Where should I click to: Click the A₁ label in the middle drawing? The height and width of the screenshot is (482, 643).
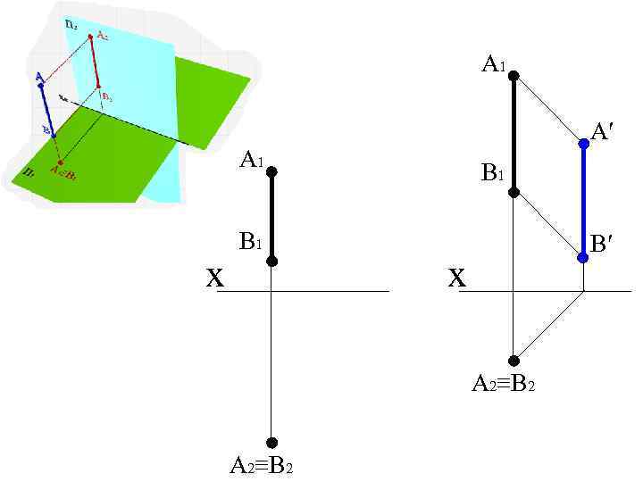251,161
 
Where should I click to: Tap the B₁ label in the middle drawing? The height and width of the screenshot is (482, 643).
250,241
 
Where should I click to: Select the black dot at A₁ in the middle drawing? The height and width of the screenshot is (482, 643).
271,171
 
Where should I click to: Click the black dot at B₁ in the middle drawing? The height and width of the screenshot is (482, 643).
271,261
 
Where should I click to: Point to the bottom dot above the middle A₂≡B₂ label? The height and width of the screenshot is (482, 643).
271,443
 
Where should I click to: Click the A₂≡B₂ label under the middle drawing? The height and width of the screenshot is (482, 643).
262,465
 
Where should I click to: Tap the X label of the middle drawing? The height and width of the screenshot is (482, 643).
214,279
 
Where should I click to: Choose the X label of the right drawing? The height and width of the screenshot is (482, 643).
456,279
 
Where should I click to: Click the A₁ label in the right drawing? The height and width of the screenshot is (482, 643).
494,64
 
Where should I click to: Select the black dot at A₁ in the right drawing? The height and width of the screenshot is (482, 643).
514,76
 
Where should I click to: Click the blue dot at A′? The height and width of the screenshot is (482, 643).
583,142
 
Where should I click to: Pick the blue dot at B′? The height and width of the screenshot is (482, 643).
583,257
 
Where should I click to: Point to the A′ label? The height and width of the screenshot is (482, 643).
602,133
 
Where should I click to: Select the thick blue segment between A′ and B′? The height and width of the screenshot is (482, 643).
583,200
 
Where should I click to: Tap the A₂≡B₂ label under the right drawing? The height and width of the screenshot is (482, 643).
504,385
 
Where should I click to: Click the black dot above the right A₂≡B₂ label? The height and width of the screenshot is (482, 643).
514,361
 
